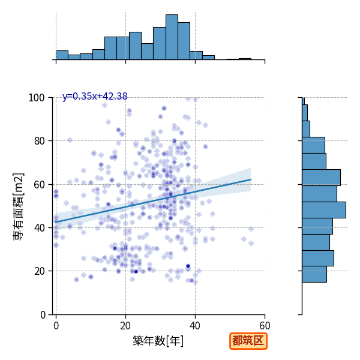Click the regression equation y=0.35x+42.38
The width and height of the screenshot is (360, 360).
point(95,96)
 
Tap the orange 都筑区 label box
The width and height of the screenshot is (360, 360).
point(248,341)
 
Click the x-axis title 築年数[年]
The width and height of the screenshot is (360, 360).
point(158,341)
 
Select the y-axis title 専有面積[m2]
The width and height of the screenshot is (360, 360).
point(19,206)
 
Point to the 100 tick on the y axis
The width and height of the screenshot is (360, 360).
point(36,98)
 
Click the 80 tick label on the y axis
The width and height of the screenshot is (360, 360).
point(39,141)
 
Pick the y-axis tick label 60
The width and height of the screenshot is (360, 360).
point(39,185)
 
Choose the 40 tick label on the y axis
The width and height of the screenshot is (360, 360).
point(39,228)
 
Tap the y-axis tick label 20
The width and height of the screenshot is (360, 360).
point(39,271)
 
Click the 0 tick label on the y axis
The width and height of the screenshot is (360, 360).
point(43,315)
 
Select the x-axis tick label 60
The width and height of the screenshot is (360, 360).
point(265,326)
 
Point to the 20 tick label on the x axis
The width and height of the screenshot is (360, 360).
point(125,326)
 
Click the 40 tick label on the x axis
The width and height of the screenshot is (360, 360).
point(195,326)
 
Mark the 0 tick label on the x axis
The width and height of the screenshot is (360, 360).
point(56,326)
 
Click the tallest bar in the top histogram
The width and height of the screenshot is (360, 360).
point(172,37)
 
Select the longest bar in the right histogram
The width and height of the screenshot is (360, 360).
point(324,210)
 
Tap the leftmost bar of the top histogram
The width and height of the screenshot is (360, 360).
point(62,55)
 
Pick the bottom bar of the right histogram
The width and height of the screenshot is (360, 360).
point(314,274)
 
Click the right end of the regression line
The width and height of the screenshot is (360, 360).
point(251,179)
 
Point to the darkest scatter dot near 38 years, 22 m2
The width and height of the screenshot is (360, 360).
point(188,266)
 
